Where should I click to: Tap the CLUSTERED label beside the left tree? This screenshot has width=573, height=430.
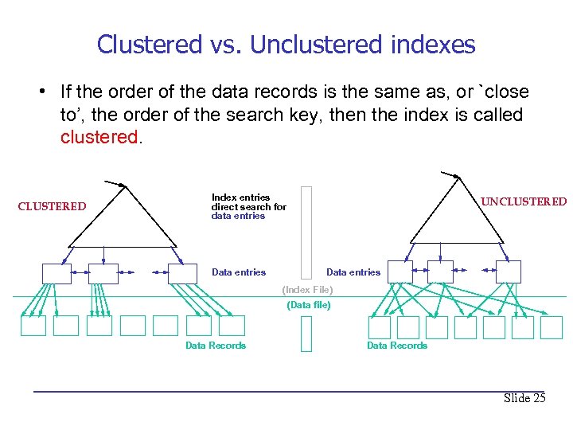(52, 206)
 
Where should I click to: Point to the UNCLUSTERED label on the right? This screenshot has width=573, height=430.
(524, 201)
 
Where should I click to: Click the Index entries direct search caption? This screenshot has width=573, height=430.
(248, 206)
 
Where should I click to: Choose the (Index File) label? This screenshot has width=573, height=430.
(307, 290)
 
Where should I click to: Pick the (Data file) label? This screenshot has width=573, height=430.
(308, 305)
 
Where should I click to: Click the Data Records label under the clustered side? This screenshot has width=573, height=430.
(216, 346)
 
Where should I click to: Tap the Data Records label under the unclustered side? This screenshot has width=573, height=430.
(396, 346)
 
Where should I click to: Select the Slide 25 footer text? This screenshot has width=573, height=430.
(524, 398)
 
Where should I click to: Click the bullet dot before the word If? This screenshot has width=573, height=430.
(41, 92)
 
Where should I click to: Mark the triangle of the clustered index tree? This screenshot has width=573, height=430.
(123, 219)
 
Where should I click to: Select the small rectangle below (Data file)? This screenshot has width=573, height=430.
(306, 334)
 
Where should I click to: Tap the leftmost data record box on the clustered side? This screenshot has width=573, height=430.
(33, 326)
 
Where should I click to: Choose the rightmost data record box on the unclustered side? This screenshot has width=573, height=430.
(550, 327)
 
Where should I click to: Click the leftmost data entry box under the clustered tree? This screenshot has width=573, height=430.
(57, 273)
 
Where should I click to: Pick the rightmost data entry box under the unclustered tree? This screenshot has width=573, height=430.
(508, 272)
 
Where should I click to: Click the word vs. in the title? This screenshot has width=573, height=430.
(226, 44)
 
